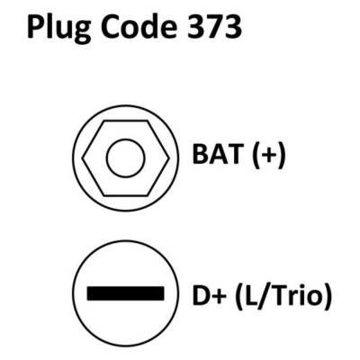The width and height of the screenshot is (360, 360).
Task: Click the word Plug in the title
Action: [58, 30]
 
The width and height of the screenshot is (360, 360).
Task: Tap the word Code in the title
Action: [139, 27]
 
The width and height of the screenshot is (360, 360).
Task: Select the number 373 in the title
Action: [214, 27]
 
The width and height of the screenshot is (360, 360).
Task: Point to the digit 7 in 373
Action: [214, 27]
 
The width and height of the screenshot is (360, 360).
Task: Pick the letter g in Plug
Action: [81, 32]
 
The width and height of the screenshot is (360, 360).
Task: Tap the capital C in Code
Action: [110, 27]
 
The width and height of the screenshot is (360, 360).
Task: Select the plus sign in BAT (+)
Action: [267, 155]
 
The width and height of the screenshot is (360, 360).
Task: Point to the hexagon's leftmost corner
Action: [83, 158]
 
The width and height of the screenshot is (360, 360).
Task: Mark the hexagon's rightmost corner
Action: [169, 158]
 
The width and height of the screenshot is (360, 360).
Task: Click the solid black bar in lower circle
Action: [125, 293]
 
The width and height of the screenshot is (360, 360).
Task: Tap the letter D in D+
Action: [202, 296]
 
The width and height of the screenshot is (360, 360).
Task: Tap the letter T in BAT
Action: [233, 155]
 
